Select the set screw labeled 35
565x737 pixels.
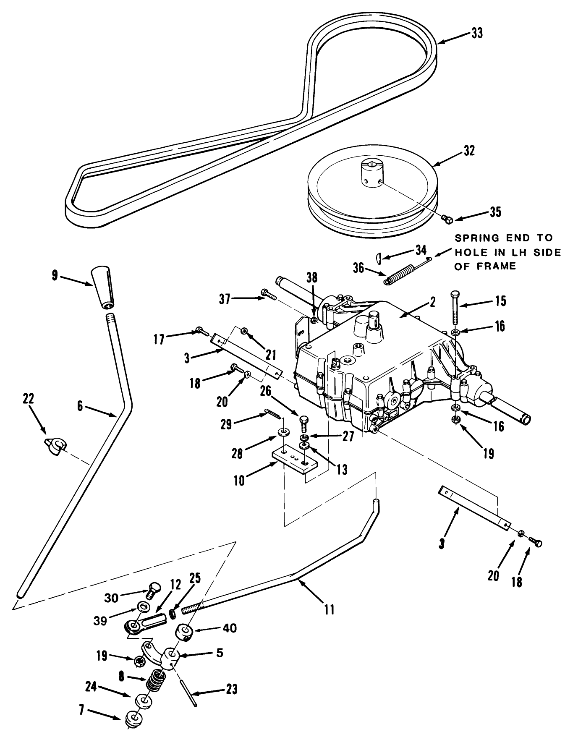(x=447, y=219)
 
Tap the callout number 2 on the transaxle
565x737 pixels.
(x=433, y=302)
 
